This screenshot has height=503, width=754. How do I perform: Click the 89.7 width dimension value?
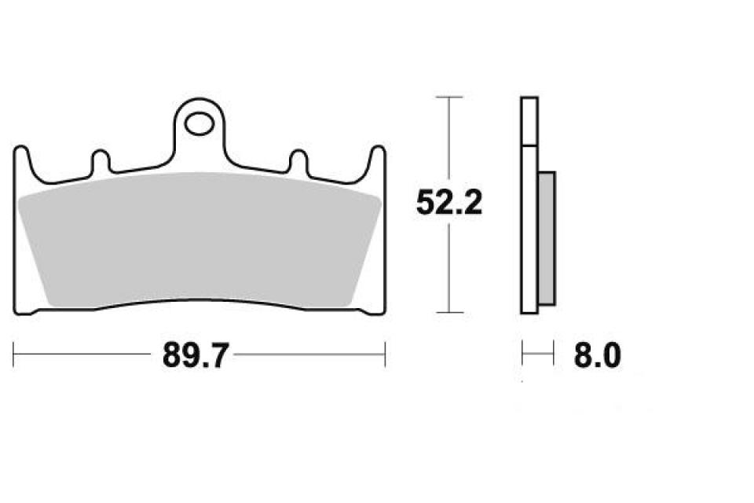click(x=195, y=356)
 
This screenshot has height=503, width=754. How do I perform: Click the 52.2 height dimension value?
click(x=448, y=204)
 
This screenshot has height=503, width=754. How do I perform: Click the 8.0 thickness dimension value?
click(x=597, y=356)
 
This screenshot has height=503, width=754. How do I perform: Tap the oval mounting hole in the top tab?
click(x=199, y=123)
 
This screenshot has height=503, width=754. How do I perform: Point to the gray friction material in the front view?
click(x=199, y=236)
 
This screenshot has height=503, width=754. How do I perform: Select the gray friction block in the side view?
click(x=547, y=240)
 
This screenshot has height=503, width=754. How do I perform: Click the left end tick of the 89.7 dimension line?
click(x=14, y=354)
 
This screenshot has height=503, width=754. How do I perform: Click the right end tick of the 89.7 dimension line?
click(x=385, y=354)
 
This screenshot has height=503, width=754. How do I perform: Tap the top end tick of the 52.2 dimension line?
click(x=448, y=97)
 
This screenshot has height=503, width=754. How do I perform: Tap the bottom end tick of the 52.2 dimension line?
click(x=448, y=313)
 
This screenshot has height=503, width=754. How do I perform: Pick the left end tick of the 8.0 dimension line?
click(x=522, y=354)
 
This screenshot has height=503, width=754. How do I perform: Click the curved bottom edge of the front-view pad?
click(x=199, y=300)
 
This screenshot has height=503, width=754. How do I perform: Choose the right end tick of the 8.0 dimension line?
click(x=554, y=354)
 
